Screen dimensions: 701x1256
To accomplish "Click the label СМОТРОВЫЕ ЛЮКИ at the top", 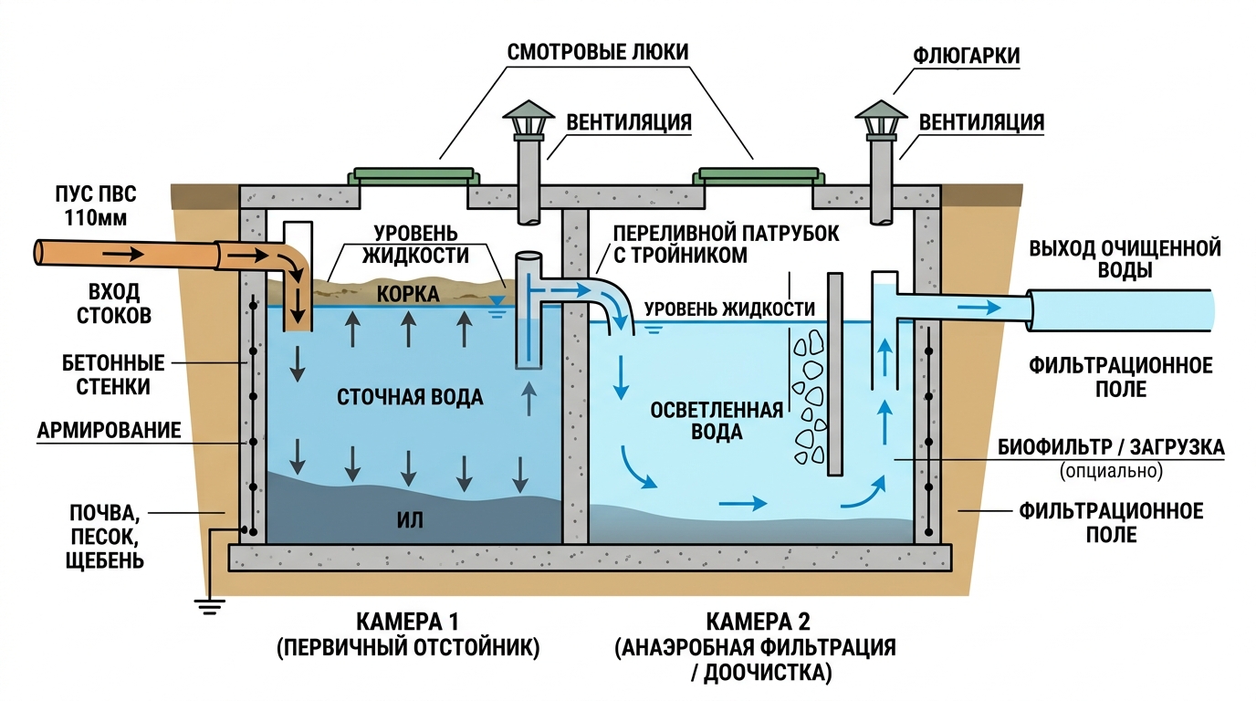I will click(598, 49).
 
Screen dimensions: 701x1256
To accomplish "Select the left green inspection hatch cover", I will click(413, 173).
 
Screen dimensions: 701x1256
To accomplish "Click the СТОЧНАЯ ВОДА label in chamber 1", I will click(410, 398).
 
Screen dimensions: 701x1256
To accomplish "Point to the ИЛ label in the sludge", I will click(411, 520).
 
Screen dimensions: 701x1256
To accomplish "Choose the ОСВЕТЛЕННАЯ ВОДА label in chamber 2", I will click(717, 421).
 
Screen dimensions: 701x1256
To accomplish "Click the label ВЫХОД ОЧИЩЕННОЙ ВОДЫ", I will click(1125, 259).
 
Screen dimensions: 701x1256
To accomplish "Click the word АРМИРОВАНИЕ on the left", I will click(109, 430).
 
